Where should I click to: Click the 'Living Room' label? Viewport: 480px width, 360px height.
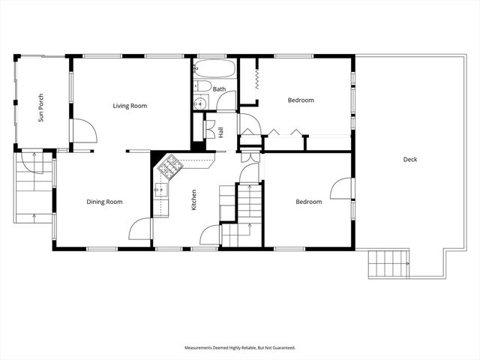tap(130, 106)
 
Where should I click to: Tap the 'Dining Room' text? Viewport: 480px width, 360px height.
tap(104, 202)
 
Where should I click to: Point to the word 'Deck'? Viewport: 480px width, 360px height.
tap(409, 159)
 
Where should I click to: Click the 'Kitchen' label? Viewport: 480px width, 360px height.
tap(194, 199)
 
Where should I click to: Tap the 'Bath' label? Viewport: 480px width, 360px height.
tap(219, 89)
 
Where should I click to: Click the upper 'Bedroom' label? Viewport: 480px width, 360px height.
tap(301, 100)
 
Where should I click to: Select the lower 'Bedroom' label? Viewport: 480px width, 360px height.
tap(307, 202)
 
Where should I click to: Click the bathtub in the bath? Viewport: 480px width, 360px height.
tap(215, 70)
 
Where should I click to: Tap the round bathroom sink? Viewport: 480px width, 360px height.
tap(200, 104)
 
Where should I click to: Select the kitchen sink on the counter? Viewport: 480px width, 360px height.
tap(158, 189)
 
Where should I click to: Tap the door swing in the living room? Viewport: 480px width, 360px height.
tap(85, 132)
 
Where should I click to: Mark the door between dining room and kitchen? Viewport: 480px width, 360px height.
tap(140, 229)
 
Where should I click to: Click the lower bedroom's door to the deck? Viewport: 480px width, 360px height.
tap(341, 188)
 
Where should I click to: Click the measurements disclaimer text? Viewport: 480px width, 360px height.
tap(240, 348)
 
